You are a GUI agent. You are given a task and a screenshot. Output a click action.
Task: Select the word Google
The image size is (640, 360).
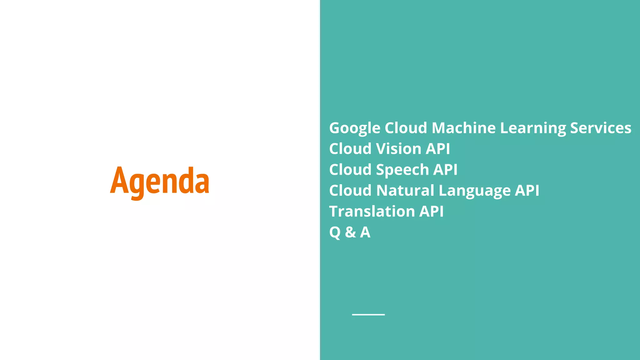[355, 128]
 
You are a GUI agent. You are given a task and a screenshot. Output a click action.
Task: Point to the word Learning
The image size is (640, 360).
[533, 128]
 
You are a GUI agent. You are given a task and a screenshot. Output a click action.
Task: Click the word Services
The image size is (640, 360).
[600, 128]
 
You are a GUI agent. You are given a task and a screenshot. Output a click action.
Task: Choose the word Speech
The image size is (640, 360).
[402, 170]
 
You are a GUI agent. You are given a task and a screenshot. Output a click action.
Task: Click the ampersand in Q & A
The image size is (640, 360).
[350, 232]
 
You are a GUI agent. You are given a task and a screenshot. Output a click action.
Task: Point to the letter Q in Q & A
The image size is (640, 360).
[335, 232]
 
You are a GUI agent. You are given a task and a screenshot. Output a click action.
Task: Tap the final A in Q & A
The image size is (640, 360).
[365, 232]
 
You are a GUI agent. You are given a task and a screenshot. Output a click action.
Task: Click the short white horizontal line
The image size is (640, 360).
[368, 314]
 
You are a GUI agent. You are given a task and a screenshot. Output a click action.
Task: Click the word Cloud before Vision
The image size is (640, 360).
[350, 149]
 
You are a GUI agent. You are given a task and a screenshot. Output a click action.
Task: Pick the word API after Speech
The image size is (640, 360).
[445, 170]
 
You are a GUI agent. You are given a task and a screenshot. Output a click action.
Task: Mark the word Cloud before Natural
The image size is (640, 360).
[350, 190]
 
